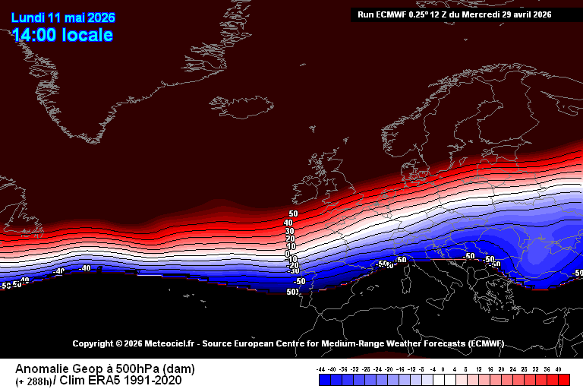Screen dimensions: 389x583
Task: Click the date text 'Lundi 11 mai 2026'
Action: coord(62,17)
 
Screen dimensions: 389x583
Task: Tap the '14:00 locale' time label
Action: coord(62,35)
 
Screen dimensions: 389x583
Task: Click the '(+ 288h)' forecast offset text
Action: coord(33,381)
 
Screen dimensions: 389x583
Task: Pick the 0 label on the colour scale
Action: coord(443,368)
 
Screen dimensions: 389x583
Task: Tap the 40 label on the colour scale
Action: coord(559,368)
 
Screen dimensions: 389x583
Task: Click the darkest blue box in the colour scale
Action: coord(320,379)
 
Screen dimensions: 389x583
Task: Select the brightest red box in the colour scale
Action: coord(563,379)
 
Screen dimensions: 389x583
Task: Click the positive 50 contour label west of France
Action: coord(293,213)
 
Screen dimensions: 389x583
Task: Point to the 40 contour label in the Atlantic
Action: coord(288,223)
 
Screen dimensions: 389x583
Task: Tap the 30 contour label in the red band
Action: coord(289,231)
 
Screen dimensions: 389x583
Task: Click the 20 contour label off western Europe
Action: coord(290,239)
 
